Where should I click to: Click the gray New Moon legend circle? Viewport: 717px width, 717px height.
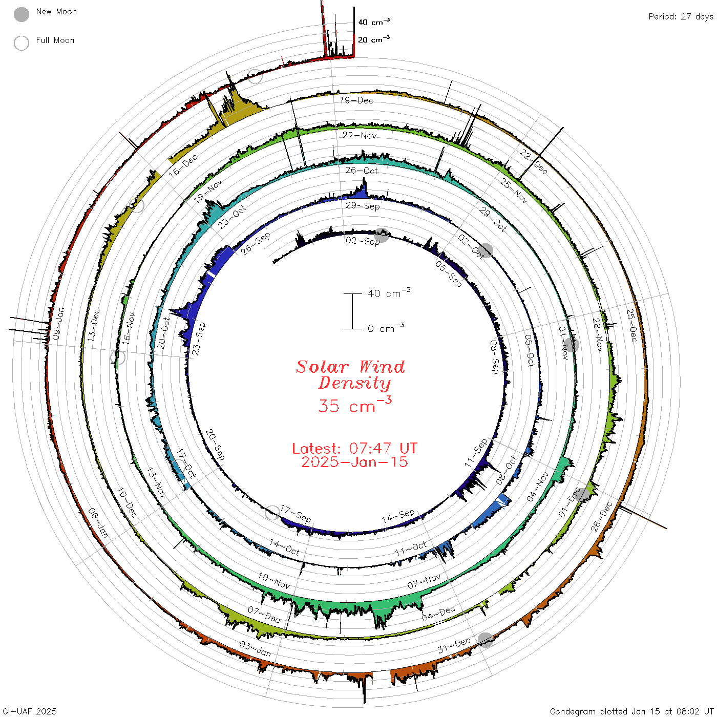[21, 14]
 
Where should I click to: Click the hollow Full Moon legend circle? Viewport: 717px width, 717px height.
[21, 43]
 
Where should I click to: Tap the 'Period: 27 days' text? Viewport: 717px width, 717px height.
[681, 17]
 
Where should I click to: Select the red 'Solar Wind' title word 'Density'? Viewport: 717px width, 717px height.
[354, 384]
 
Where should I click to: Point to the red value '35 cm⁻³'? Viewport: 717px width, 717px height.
[354, 405]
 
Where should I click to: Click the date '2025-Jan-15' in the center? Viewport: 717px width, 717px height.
[354, 462]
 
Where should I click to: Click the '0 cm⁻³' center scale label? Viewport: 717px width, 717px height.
[386, 328]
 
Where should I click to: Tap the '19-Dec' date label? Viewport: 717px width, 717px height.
[356, 100]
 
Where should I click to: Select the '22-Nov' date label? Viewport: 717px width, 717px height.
[360, 135]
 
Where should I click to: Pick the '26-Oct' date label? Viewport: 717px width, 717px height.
[361, 171]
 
